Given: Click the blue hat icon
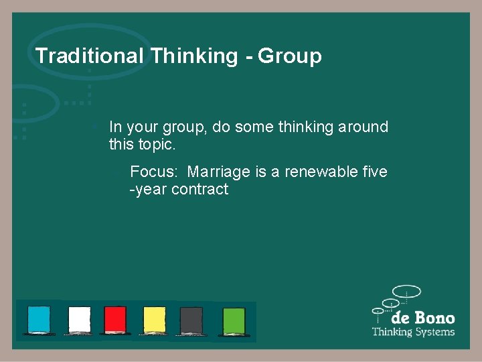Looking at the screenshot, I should coord(38,320).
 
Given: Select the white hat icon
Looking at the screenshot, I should coord(79,320).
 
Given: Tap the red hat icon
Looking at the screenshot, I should coord(115,320).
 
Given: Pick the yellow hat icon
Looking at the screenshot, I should coord(154,320).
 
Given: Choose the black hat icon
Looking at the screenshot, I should coord(191,320).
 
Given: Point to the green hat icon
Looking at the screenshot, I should coord(234,320).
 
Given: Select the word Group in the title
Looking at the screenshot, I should coord(290,56).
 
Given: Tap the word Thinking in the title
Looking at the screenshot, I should coord(194,56).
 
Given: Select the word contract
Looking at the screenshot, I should coord(199,190).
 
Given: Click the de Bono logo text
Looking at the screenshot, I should coord(422,318).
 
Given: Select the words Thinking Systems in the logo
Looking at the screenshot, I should coord(413,332).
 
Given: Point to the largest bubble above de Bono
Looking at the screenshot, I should coord(406,292).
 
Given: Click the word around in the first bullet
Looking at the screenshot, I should coord(364,127).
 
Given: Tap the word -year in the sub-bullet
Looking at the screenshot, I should coord(148,190).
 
